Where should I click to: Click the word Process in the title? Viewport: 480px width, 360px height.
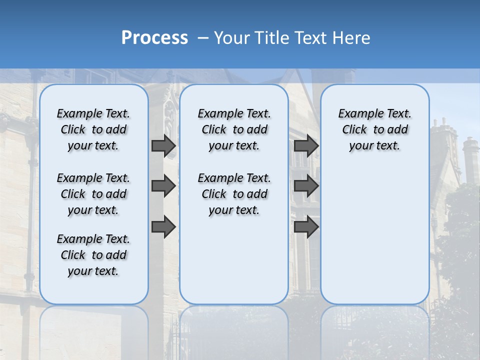pyautogui.click(x=154, y=38)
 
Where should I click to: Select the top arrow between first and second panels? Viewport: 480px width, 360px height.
pyautogui.click(x=163, y=146)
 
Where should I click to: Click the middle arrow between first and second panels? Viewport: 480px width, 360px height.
pyautogui.click(x=163, y=186)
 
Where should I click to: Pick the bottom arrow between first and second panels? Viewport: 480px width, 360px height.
pyautogui.click(x=163, y=227)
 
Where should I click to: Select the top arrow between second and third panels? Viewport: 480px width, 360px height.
pyautogui.click(x=306, y=146)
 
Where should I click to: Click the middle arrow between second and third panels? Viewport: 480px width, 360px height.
pyautogui.click(x=306, y=186)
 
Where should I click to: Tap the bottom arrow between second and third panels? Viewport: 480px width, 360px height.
pyautogui.click(x=306, y=227)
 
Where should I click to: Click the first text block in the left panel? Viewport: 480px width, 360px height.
pyautogui.click(x=93, y=129)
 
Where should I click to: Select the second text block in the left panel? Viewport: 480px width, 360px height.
pyautogui.click(x=93, y=194)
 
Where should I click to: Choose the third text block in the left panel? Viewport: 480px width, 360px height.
pyautogui.click(x=93, y=255)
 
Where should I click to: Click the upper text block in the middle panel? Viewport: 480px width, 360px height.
pyautogui.click(x=234, y=129)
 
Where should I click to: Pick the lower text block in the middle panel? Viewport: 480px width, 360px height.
pyautogui.click(x=234, y=194)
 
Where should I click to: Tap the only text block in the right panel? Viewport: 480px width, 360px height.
pyautogui.click(x=374, y=129)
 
